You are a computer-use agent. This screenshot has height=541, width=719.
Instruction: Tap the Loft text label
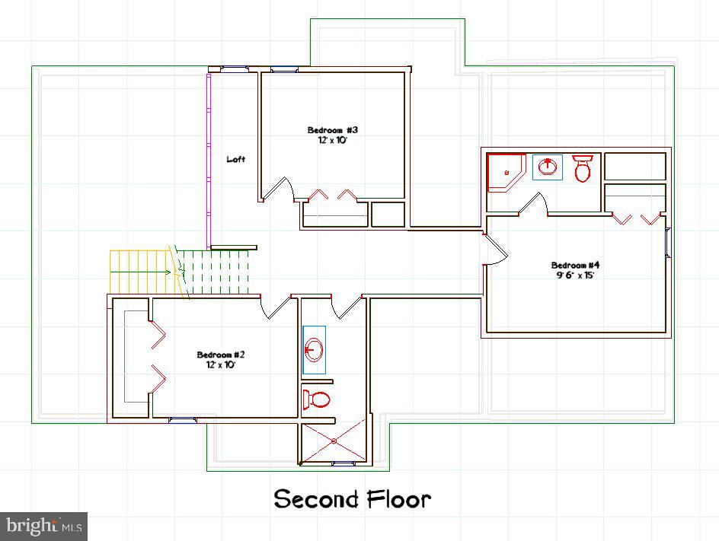(x=236, y=159)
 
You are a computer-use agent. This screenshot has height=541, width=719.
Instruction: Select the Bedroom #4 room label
(x=576, y=265)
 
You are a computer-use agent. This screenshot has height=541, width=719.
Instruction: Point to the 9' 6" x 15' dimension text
(x=576, y=275)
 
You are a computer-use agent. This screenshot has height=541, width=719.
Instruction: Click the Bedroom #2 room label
(x=220, y=355)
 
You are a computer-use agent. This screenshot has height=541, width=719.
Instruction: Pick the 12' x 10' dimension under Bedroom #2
(x=220, y=365)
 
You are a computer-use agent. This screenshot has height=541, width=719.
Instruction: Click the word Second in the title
(x=316, y=499)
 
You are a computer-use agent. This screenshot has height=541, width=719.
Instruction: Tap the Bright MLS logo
(x=43, y=526)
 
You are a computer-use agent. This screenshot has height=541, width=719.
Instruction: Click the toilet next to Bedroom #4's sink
(x=583, y=168)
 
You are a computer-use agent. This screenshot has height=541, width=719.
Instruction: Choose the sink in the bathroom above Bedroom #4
(x=548, y=167)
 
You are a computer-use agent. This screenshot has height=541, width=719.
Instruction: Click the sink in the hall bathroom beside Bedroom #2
(x=314, y=350)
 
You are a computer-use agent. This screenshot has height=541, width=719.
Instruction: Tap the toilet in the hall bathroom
(x=316, y=399)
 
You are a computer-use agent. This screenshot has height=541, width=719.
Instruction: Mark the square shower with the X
(x=334, y=441)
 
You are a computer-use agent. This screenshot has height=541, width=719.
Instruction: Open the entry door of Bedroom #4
(x=494, y=250)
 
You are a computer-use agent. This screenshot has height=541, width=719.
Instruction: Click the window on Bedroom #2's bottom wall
(x=183, y=418)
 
